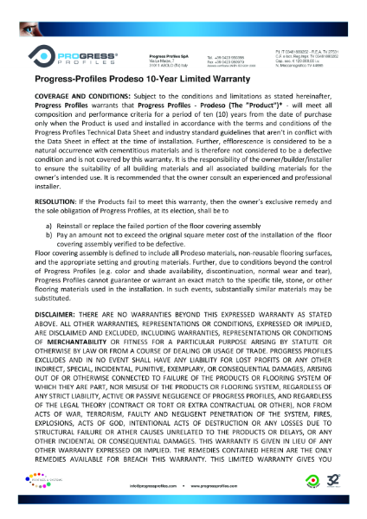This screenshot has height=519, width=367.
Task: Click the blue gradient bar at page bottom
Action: click(x=183, y=514)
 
